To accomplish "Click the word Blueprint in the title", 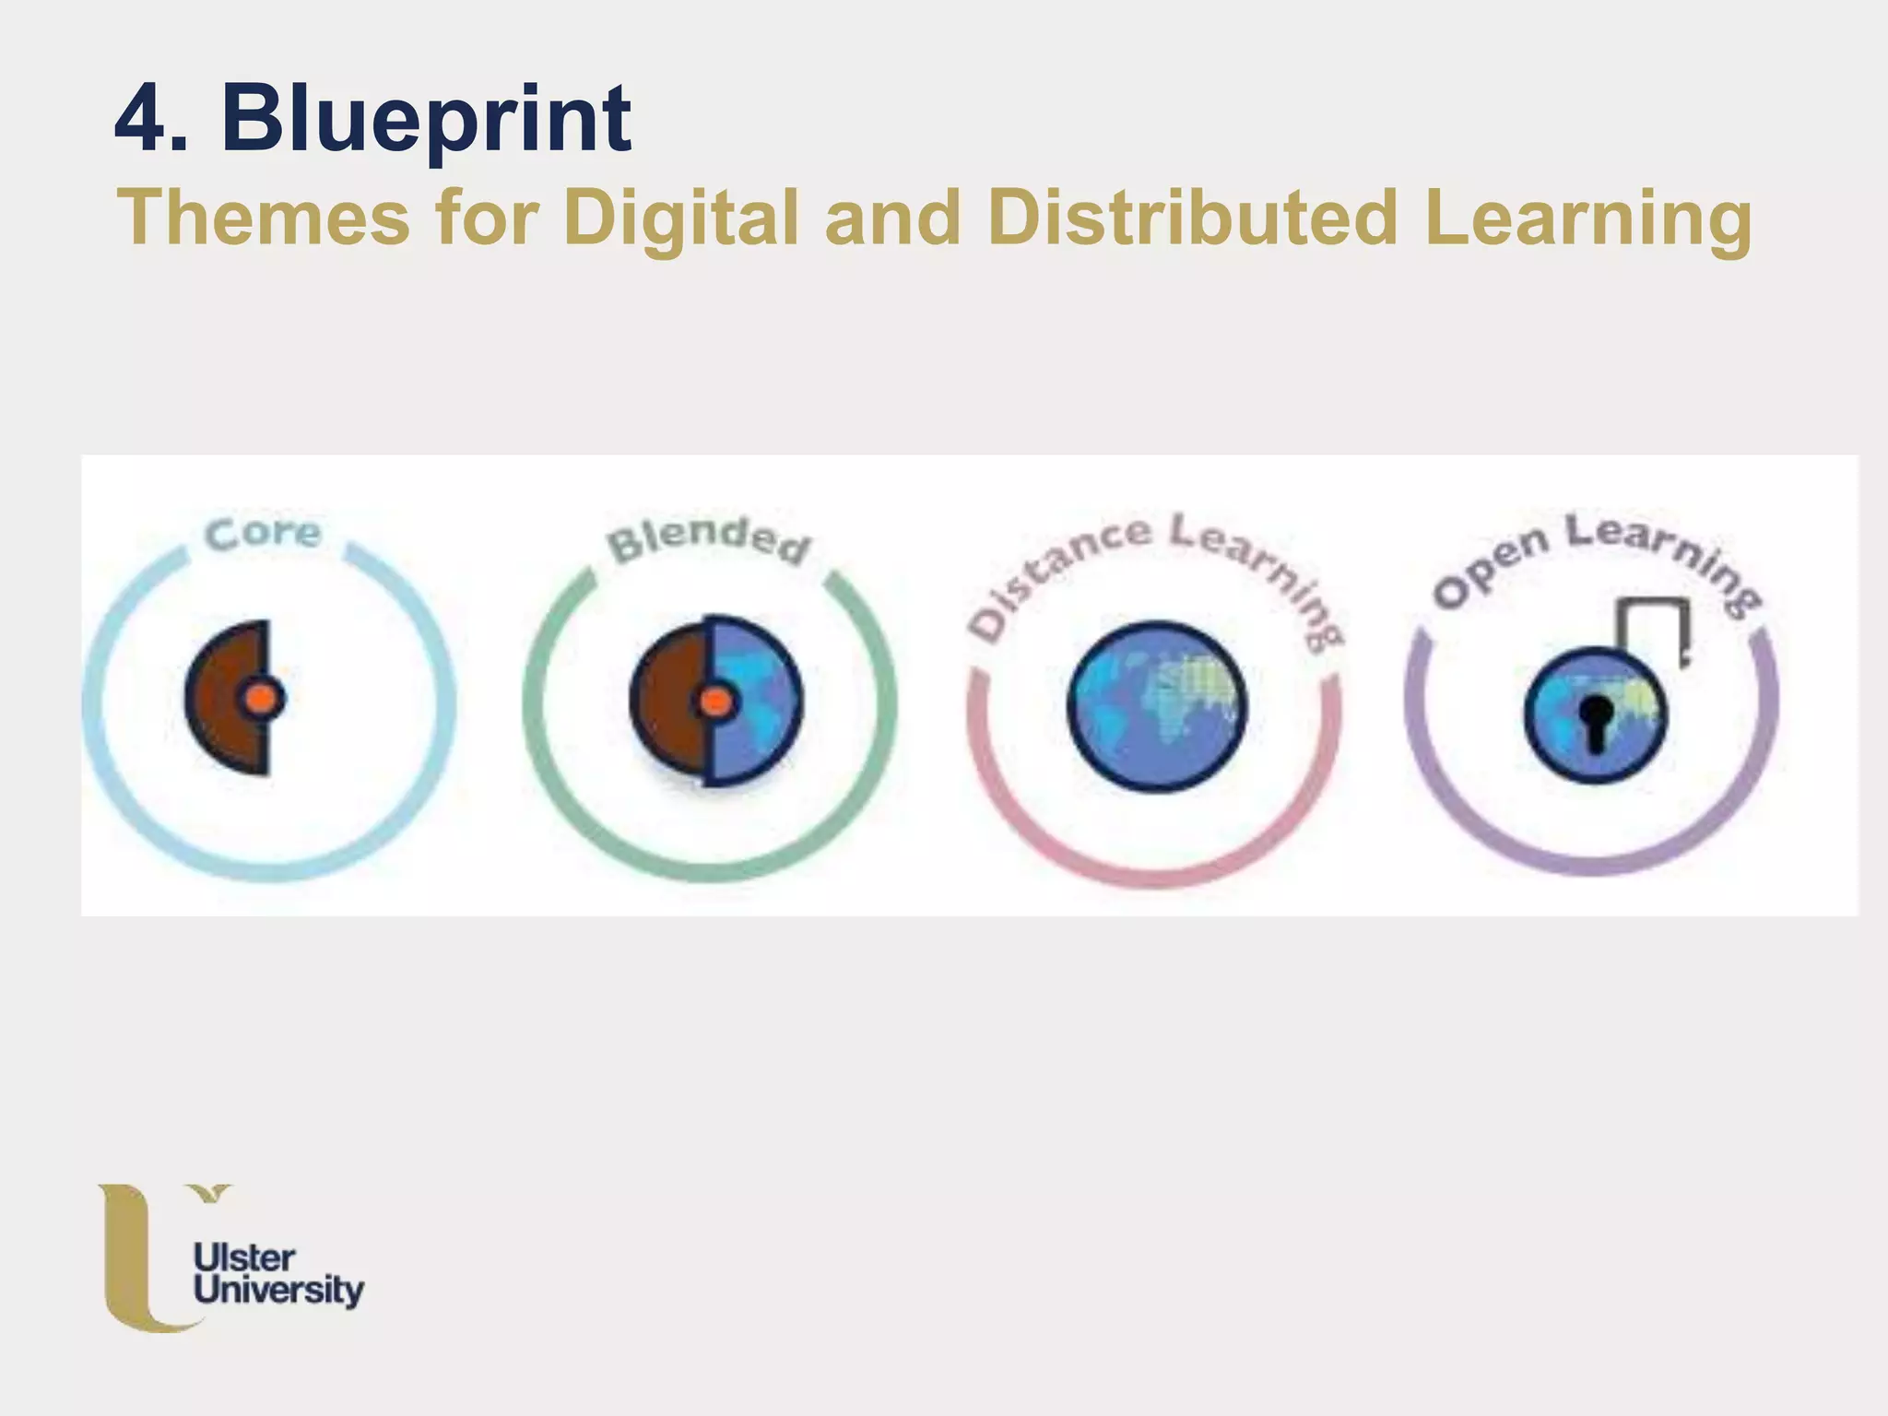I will [x=426, y=120].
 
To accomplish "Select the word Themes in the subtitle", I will [x=263, y=218].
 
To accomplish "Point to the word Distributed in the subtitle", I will [x=1192, y=218].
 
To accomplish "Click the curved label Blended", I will [x=708, y=538].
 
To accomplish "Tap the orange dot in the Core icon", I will [x=263, y=699].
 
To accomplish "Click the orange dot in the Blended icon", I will [x=715, y=702].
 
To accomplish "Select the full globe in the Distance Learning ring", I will [x=1157, y=705].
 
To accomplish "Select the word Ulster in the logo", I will [x=243, y=1258].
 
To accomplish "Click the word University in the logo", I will [x=278, y=1291].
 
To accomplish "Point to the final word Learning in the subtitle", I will [x=1587, y=218].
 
